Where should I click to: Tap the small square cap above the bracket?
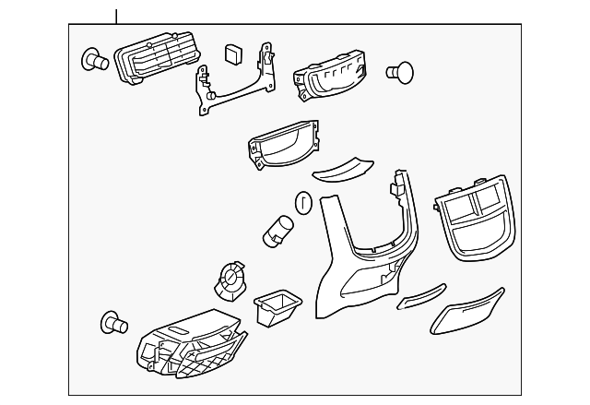[234, 52]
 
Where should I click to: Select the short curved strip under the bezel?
[341, 170]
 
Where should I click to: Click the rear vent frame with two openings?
[476, 214]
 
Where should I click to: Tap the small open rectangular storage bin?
[277, 307]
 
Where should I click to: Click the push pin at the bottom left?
[112, 323]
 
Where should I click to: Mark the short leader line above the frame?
[117, 16]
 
